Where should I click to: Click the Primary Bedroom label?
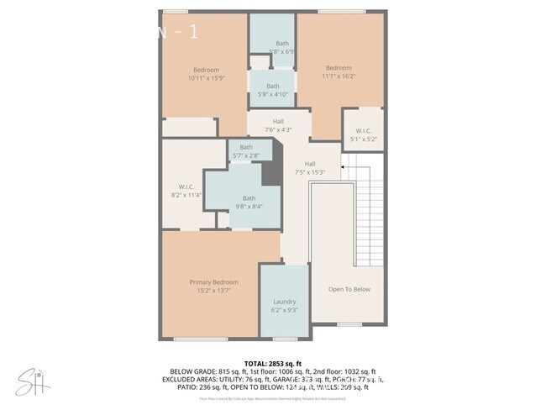(x=213, y=282)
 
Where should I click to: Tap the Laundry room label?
(x=284, y=302)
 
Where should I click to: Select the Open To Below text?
(x=349, y=289)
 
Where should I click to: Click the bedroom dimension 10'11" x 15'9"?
(x=206, y=78)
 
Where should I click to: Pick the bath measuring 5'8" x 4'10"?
(x=273, y=94)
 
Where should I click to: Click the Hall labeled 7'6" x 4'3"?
(x=278, y=129)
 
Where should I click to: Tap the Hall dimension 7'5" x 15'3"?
(x=310, y=172)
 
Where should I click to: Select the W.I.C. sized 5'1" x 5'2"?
(x=363, y=139)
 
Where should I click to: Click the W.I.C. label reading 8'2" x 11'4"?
(x=186, y=195)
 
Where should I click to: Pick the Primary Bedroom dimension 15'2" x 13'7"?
(x=213, y=291)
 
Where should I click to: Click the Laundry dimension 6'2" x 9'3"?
(x=284, y=310)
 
